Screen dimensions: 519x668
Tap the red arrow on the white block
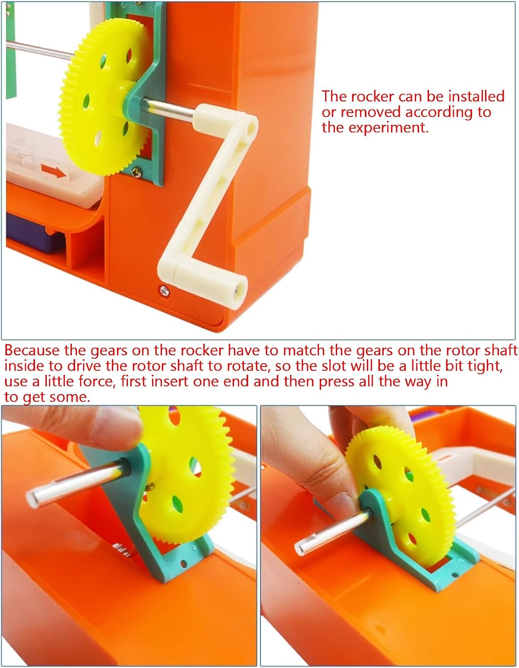(54, 171)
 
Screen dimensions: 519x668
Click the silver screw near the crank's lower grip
(164, 290)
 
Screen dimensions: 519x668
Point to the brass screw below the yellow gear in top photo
(136, 173)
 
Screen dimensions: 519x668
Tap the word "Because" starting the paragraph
(32, 350)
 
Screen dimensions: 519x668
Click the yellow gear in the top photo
(105, 97)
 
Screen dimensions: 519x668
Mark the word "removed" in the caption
(371, 112)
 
